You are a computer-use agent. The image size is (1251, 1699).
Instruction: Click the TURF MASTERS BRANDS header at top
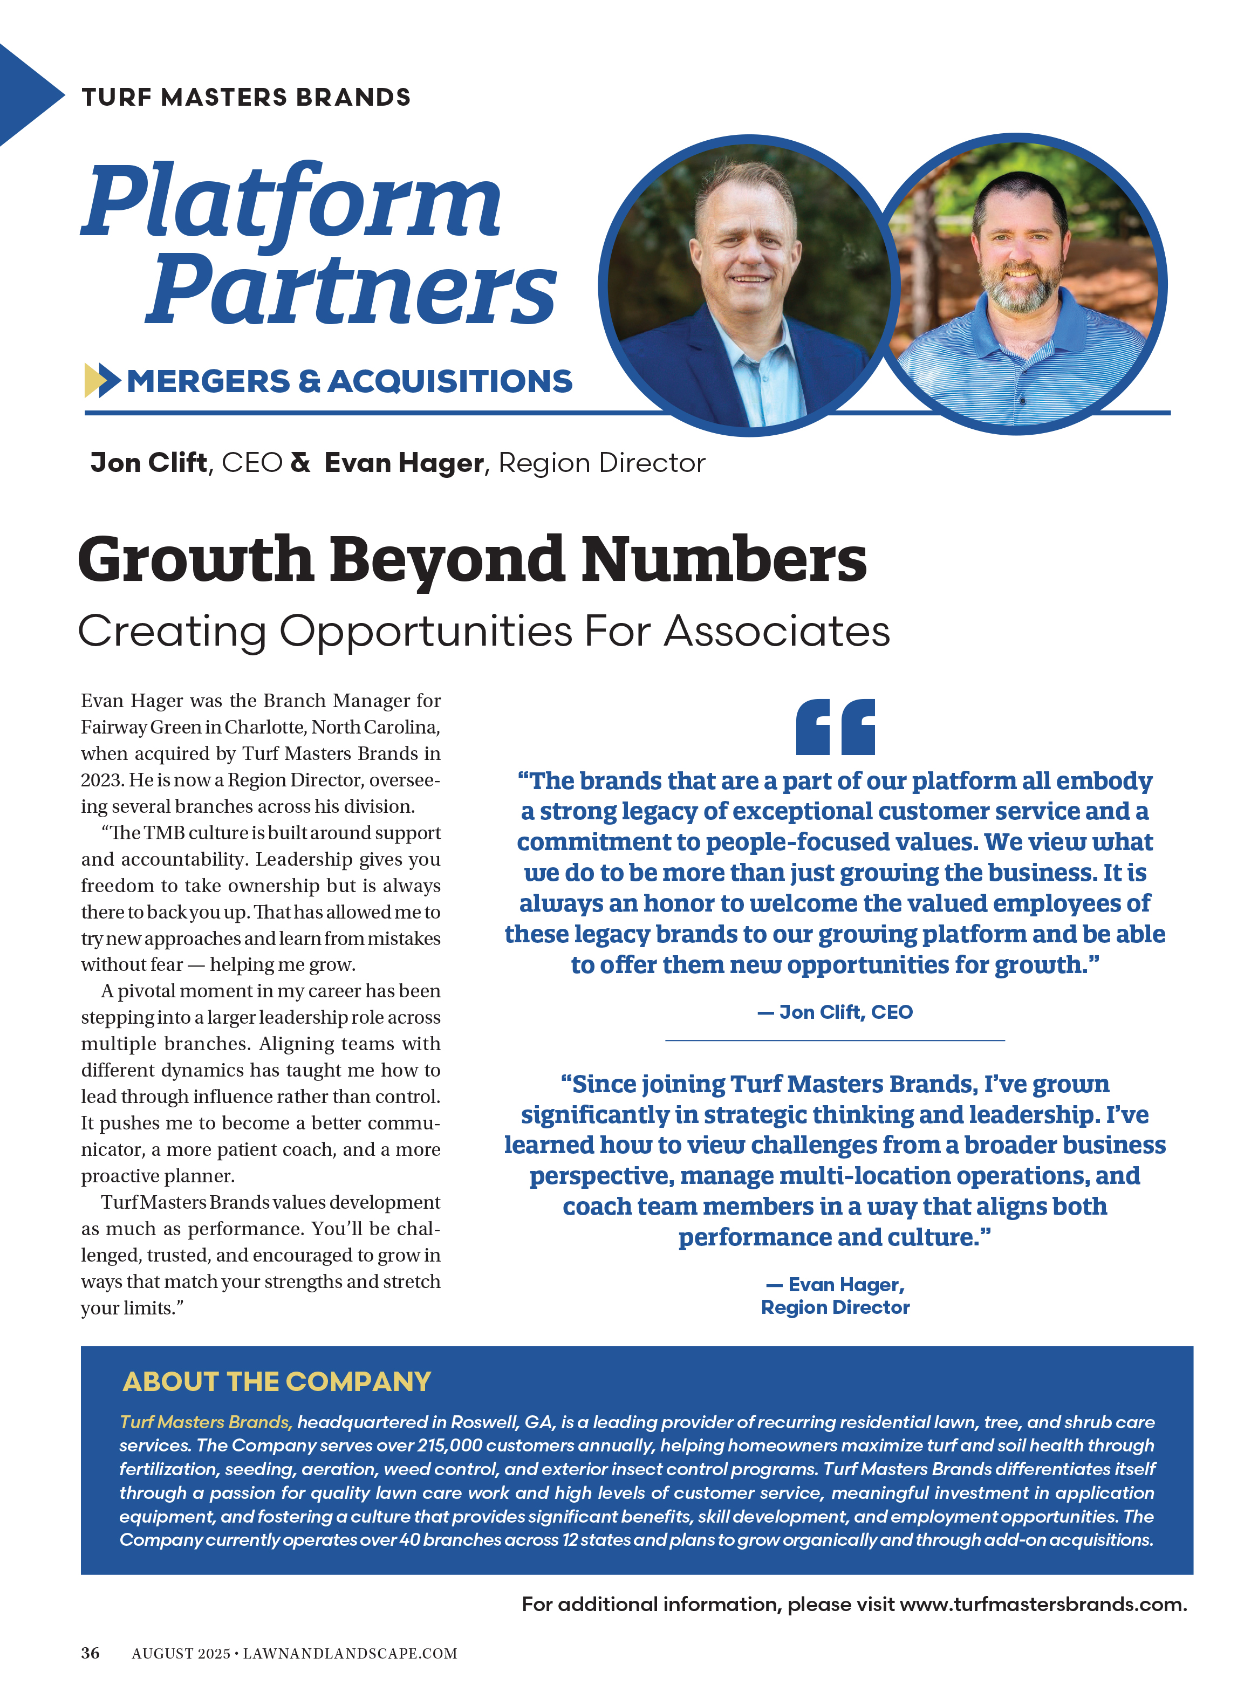(x=246, y=97)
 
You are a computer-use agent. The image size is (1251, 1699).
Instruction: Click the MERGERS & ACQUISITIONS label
(x=349, y=381)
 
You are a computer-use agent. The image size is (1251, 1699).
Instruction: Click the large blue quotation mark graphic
(x=835, y=727)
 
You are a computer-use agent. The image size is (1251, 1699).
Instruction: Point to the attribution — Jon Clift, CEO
(x=835, y=1012)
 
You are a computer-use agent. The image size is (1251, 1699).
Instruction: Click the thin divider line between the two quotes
(x=835, y=1040)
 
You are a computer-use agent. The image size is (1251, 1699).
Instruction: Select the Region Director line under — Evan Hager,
(x=835, y=1307)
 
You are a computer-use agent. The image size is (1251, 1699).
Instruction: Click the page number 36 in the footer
(x=90, y=1653)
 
